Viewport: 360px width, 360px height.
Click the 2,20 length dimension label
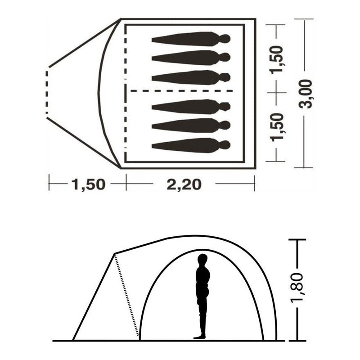184,184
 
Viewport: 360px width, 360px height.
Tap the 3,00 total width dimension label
306,94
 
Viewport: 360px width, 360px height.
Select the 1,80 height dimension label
297,288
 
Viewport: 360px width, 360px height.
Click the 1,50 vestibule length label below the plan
89,184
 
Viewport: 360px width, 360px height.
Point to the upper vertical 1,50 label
276,60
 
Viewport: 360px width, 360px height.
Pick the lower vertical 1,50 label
276,127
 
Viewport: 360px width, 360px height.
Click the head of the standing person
202,259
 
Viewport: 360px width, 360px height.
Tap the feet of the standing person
199,337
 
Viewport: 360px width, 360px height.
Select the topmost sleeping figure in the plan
191,39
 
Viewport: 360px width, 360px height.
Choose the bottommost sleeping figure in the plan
191,145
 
